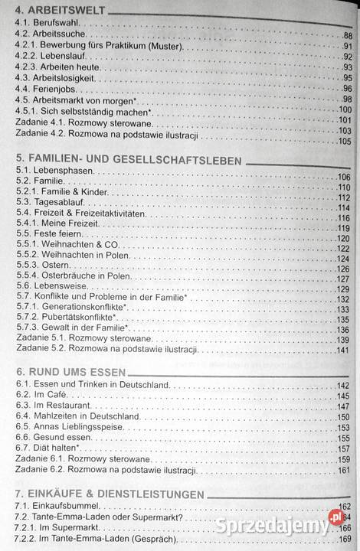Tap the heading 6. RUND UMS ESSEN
click(x=65, y=369)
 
